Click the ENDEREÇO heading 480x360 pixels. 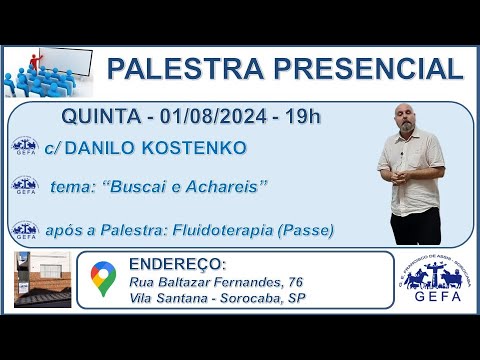(177, 265)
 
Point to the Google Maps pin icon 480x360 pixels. (102, 279)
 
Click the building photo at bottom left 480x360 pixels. (42, 279)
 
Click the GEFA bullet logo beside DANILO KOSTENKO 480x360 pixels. (24, 148)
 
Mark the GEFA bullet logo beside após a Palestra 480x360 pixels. (24, 229)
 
